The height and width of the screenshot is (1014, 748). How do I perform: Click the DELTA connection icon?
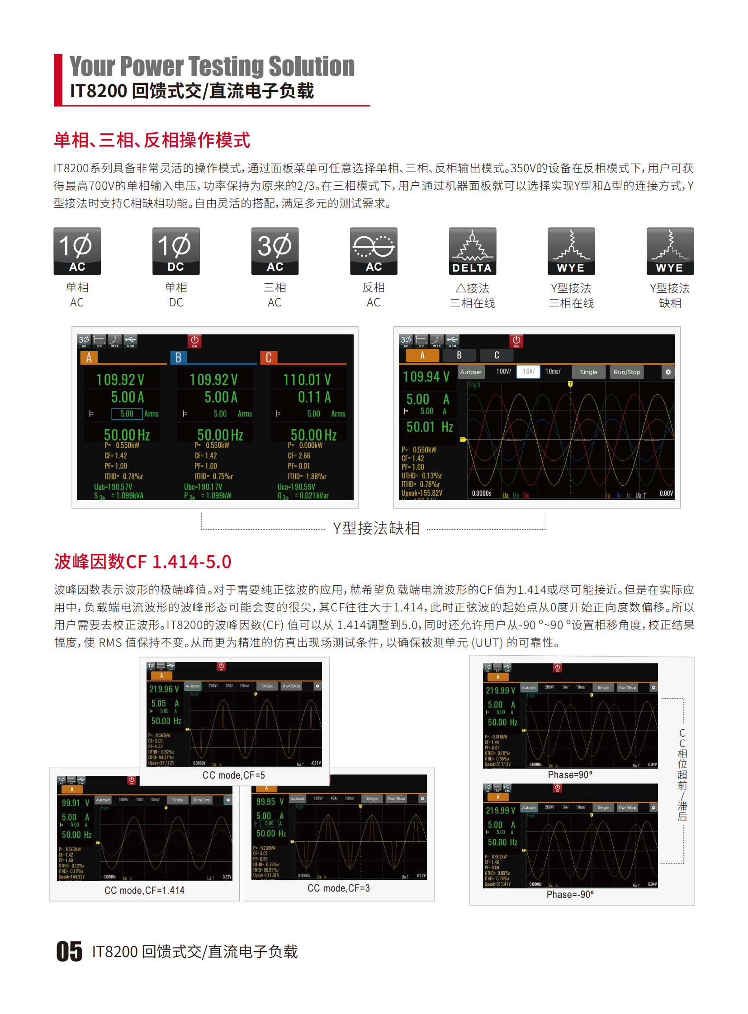tap(472, 251)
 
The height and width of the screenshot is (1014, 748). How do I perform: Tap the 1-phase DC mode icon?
tap(175, 251)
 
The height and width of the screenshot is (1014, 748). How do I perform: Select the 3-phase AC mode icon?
tap(275, 251)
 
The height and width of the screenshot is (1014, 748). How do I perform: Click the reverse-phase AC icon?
tap(374, 251)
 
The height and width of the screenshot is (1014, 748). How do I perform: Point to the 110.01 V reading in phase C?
tap(307, 380)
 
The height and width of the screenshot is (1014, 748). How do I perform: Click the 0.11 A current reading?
tap(314, 397)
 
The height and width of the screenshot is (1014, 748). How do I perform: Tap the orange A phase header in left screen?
tap(89, 357)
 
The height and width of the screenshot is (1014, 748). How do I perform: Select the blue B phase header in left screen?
tap(178, 357)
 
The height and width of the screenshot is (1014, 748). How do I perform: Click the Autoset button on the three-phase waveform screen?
tap(471, 372)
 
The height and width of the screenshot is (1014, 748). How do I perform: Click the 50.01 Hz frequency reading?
tap(429, 427)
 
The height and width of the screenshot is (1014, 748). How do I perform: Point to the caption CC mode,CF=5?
tap(234, 775)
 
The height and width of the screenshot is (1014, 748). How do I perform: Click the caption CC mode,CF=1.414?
tap(144, 890)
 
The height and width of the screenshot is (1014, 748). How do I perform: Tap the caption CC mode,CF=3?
tap(339, 888)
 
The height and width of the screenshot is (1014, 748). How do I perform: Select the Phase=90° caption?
tap(570, 775)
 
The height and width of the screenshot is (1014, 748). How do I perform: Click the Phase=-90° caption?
tap(570, 894)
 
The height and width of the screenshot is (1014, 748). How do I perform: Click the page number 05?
tap(69, 951)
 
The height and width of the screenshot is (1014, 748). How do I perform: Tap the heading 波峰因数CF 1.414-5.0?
tap(142, 562)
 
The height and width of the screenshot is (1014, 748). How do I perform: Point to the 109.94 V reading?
tap(426, 376)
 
